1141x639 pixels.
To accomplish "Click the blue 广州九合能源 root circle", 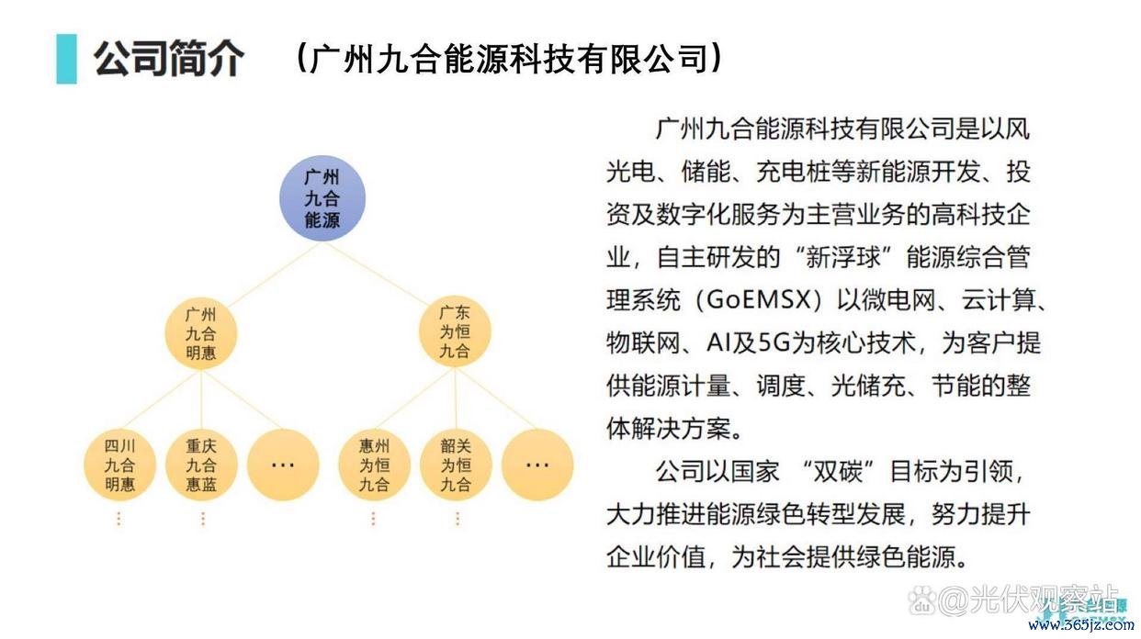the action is pyautogui.click(x=322, y=198).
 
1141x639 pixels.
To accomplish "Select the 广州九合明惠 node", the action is pyautogui.click(x=200, y=333).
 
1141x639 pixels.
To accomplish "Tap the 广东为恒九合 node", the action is pyautogui.click(x=455, y=331).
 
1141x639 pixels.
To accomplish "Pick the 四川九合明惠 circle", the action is pyautogui.click(x=119, y=465).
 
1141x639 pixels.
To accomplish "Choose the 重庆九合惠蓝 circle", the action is pyautogui.click(x=201, y=465).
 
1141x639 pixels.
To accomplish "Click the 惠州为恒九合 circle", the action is pyautogui.click(x=375, y=465).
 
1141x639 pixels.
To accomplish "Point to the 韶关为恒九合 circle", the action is pyautogui.click(x=456, y=465).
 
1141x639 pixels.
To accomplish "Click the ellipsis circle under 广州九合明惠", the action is pyautogui.click(x=283, y=465).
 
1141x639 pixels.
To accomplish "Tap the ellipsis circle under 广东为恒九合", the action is pyautogui.click(x=537, y=465).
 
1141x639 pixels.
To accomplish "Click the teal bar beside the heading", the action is pyautogui.click(x=67, y=59).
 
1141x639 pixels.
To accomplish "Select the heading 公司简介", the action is pyautogui.click(x=169, y=59).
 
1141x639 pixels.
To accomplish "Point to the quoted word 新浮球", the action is pyautogui.click(x=843, y=257).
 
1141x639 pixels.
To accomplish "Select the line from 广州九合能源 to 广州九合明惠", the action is pyautogui.click(x=274, y=275).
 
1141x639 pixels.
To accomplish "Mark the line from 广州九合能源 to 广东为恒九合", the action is pyautogui.click(x=376, y=274).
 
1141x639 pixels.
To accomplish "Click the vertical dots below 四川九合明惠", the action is pyautogui.click(x=119, y=519).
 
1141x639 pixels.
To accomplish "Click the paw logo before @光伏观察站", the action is pyautogui.click(x=921, y=600).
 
